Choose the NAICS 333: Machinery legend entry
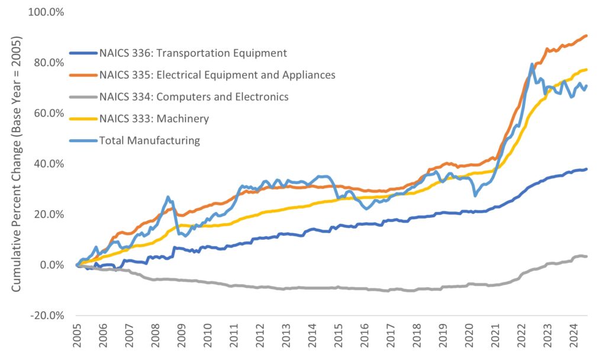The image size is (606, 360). tap(154, 118)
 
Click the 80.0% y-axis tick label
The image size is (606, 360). tap(49, 63)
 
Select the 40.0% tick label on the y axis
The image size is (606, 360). tap(49, 163)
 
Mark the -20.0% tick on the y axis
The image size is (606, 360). tap(47, 315)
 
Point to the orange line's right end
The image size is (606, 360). tap(586, 36)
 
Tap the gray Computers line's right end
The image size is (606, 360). tap(586, 256)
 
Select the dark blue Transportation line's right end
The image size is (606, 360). tap(586, 169)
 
